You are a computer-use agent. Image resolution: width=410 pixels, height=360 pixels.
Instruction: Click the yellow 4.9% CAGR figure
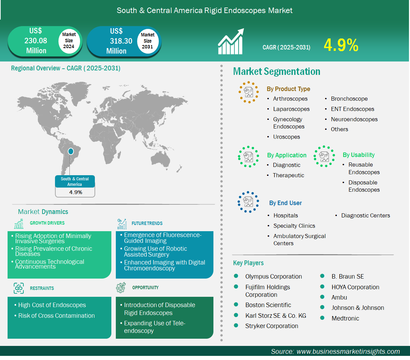341,45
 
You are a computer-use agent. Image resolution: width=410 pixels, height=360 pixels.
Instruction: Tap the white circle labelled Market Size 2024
69,41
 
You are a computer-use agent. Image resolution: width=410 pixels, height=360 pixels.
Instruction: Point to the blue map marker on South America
70,151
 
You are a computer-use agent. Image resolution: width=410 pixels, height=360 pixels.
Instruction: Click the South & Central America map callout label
75,181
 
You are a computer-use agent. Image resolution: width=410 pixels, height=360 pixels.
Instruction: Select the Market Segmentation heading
277,71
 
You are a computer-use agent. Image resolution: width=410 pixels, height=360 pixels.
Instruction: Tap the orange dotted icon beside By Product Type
248,92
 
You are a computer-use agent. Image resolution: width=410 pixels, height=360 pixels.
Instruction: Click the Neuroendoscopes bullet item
354,119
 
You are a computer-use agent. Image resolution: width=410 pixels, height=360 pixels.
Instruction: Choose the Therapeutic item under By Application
288,175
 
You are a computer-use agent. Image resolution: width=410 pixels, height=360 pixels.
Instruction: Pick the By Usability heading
358,155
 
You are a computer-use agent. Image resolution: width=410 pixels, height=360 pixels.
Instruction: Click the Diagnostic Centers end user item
366,215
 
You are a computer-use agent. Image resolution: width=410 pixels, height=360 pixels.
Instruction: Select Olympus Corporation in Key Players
274,276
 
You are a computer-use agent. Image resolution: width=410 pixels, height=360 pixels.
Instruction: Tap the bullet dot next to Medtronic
322,318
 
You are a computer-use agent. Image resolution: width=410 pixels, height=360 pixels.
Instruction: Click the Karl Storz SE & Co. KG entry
276,316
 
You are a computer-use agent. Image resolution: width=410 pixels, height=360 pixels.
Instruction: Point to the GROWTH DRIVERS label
47,223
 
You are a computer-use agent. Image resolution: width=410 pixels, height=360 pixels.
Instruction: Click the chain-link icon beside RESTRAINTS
19,288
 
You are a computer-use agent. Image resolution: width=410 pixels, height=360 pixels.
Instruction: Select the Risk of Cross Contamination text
56,316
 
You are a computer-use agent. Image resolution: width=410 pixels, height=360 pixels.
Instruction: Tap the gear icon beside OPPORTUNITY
121,288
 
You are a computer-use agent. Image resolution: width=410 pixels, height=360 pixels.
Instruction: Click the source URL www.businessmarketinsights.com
348,351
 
